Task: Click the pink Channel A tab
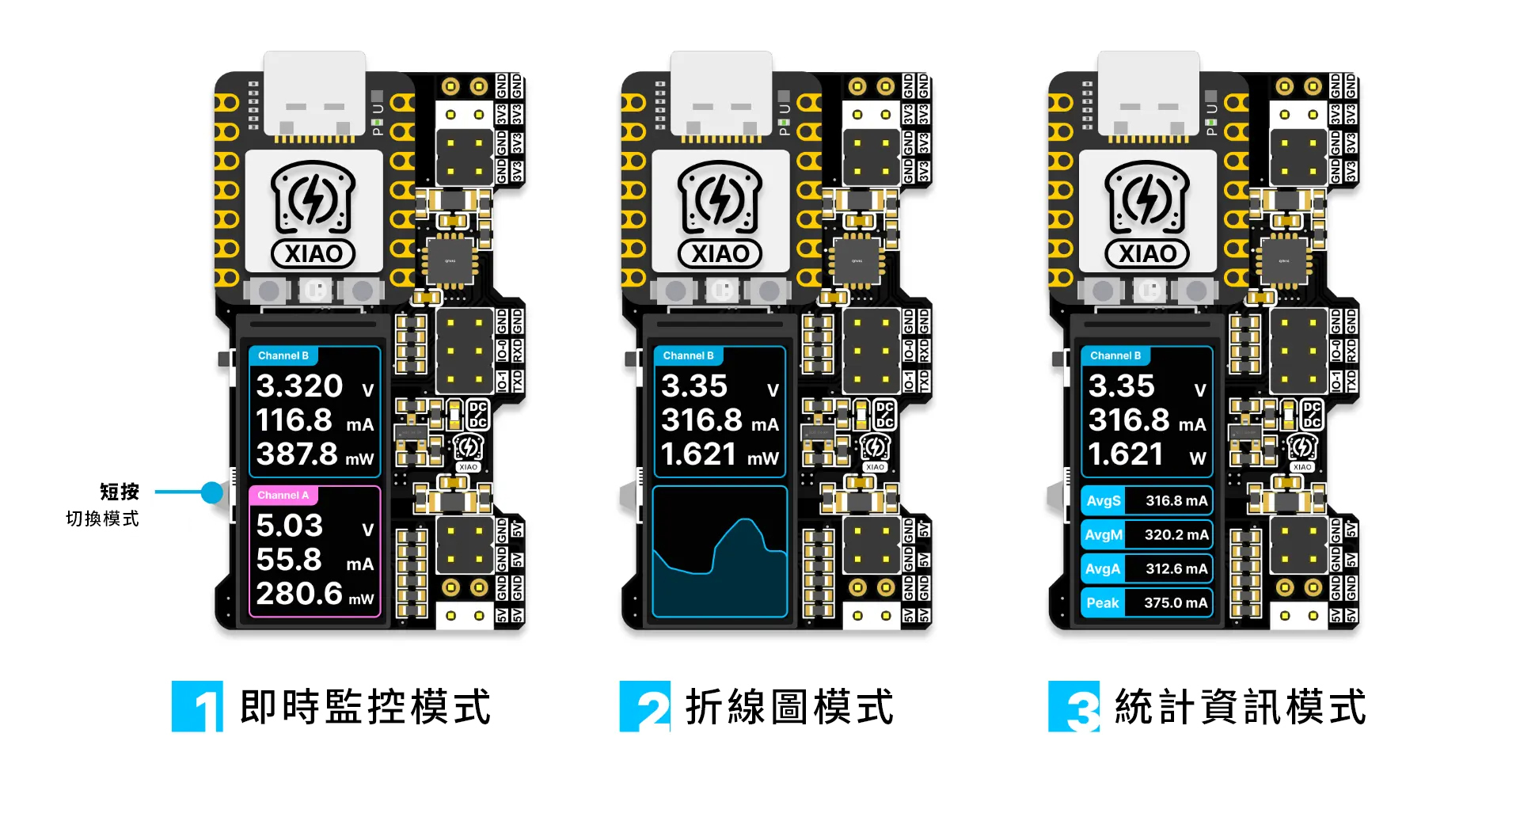pos(283,496)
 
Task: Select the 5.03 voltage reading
pos(290,526)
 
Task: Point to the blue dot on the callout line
pos(211,492)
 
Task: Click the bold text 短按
pos(120,492)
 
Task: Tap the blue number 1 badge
pos(197,706)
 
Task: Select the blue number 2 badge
pos(644,706)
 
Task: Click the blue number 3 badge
pos(1073,706)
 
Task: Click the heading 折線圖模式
pos(789,707)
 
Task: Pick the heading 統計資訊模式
pos(1241,707)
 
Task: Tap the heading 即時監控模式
pos(365,707)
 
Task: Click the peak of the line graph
pos(745,520)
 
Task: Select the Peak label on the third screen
pos(1102,603)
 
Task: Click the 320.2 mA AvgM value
pos(1176,535)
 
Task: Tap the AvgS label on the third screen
pos(1103,501)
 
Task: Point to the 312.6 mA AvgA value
pos(1176,569)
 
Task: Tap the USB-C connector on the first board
pos(314,95)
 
